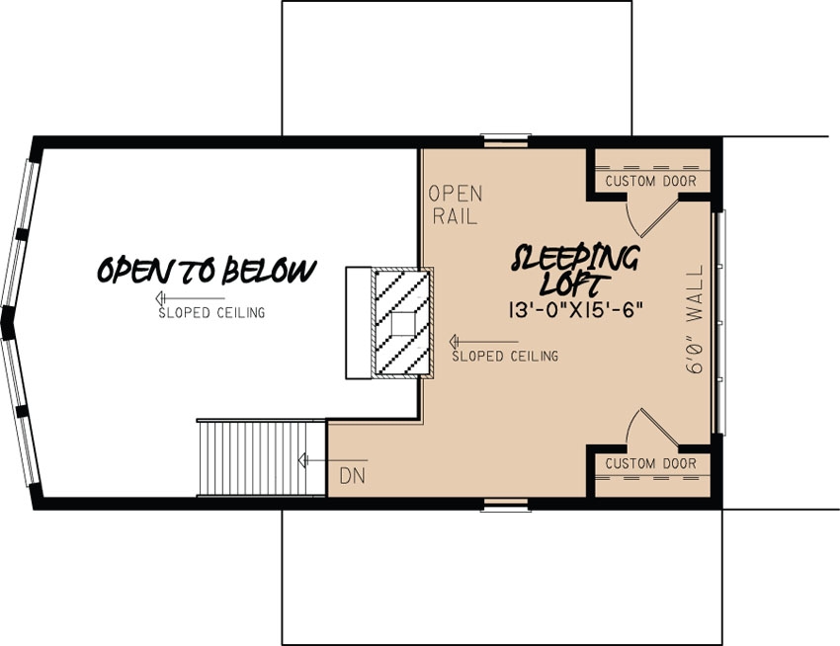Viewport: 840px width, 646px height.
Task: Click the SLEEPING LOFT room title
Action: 576,268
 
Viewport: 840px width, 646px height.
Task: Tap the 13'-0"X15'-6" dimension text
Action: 576,308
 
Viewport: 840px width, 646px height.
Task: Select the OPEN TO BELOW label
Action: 207,270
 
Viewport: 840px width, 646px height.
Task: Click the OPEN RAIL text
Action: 455,203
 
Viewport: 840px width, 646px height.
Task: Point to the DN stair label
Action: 353,476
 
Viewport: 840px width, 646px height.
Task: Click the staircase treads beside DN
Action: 262,457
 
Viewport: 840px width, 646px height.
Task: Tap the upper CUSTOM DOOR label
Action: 650,182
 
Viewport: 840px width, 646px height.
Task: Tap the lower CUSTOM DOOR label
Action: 650,464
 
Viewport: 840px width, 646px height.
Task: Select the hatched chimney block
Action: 401,322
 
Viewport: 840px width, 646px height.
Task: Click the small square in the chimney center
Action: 402,323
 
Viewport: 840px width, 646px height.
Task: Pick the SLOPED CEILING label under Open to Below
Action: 211,314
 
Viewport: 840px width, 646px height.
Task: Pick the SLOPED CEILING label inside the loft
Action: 505,356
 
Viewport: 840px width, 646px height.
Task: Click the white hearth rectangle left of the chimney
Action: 357,322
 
